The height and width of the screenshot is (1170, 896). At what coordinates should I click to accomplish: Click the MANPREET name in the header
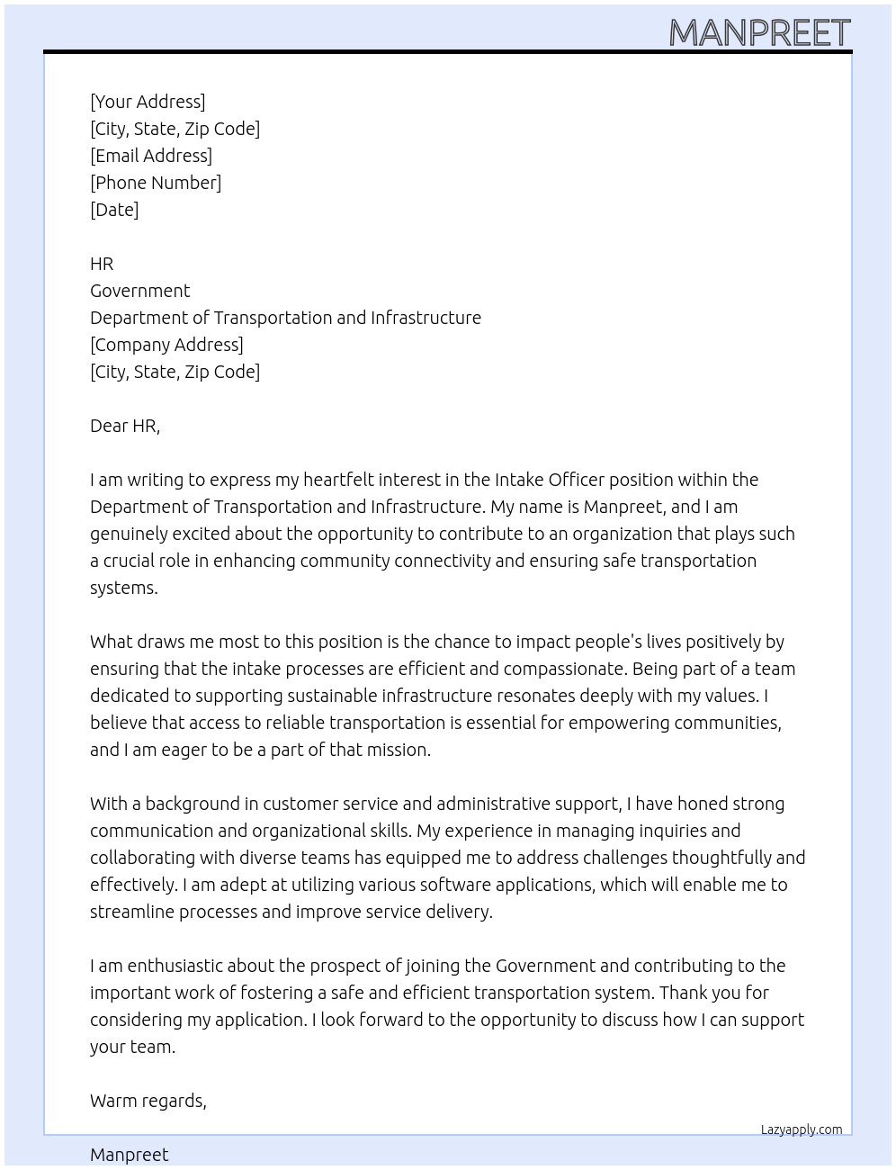click(x=759, y=33)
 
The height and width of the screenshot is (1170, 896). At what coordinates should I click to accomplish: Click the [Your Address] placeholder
click(x=148, y=102)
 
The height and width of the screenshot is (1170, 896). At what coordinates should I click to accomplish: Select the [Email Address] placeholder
click(x=151, y=156)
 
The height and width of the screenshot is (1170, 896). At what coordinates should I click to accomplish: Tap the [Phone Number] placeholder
click(x=156, y=183)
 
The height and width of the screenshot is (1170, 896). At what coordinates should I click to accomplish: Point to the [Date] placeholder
click(x=114, y=210)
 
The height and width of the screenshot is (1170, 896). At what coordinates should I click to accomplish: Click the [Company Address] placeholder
click(x=166, y=345)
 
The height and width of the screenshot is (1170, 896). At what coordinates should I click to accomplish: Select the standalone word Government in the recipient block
click(x=139, y=291)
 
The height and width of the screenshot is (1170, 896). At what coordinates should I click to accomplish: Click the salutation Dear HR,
click(x=125, y=426)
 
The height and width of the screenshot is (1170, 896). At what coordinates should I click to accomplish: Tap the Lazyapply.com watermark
click(x=802, y=1129)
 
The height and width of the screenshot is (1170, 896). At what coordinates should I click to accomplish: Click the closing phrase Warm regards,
click(x=148, y=1101)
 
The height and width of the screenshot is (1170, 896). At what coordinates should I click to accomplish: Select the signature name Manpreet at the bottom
click(x=130, y=1155)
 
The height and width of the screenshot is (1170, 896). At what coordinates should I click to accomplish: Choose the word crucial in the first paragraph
click(x=131, y=561)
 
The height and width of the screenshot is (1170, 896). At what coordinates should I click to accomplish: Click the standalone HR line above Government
click(x=102, y=264)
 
